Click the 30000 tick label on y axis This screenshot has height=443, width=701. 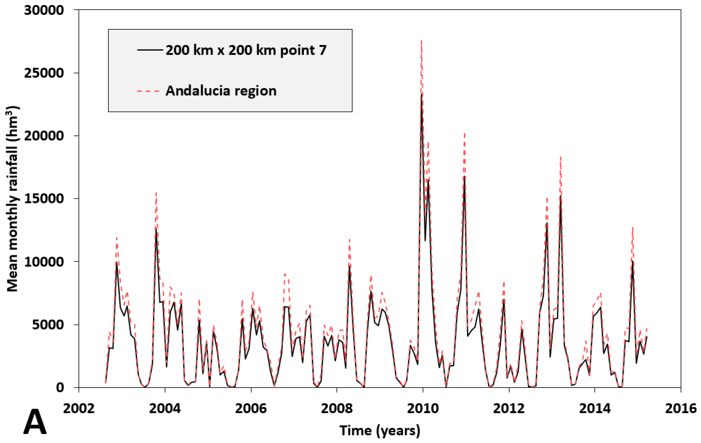pyautogui.click(x=44, y=10)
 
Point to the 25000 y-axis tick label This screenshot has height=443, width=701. pyautogui.click(x=44, y=73)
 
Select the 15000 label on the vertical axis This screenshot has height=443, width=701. pyautogui.click(x=44, y=199)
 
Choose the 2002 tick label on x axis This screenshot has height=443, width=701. pyautogui.click(x=79, y=408)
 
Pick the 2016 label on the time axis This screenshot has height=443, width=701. pyautogui.click(x=681, y=408)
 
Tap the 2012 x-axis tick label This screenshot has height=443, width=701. pyautogui.click(x=509, y=408)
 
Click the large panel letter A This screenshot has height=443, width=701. pyautogui.click(x=35, y=422)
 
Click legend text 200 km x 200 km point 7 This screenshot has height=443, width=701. pyautogui.click(x=246, y=50)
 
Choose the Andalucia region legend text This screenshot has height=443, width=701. pyautogui.click(x=221, y=91)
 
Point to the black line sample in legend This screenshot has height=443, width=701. pyautogui.click(x=150, y=50)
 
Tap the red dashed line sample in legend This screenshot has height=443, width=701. pyautogui.click(x=148, y=91)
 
